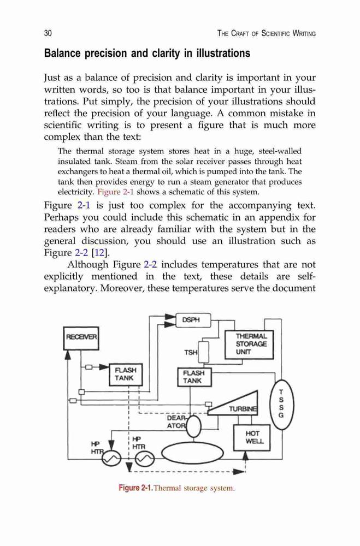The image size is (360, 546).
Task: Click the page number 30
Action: point(48,33)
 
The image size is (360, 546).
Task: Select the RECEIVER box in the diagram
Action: point(81,338)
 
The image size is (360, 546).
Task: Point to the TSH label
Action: point(191,352)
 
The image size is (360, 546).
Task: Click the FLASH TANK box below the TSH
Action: point(194,377)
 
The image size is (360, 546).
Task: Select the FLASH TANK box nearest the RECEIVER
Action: point(126,375)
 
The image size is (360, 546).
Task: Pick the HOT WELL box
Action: point(252,437)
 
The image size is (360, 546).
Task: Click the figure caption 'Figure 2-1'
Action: point(135,488)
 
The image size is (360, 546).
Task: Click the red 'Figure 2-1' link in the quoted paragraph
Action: point(116,192)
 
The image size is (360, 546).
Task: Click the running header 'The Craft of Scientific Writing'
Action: point(266,33)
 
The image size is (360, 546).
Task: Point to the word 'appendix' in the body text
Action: point(257,218)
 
